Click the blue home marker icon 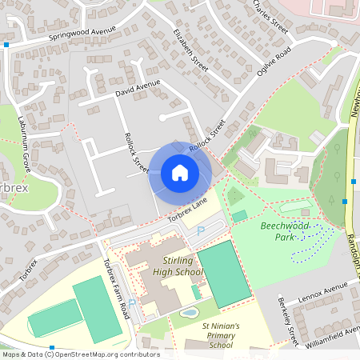180,173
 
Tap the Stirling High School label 178,266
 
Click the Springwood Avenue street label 82,34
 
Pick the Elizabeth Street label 190,50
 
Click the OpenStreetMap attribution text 80,354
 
